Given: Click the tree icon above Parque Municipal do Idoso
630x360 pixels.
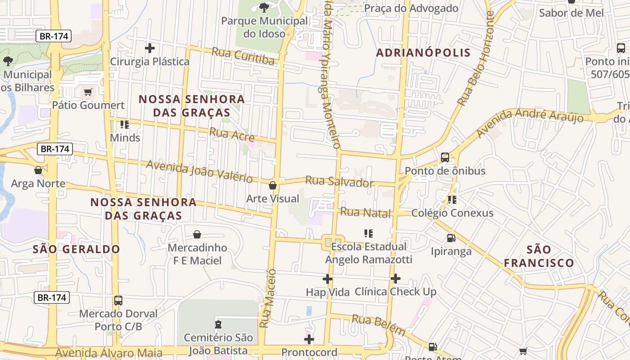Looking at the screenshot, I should coord(264,7).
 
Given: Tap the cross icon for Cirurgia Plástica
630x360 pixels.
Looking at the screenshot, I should coord(150,48).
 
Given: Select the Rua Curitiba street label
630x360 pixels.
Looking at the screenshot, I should coord(243,56).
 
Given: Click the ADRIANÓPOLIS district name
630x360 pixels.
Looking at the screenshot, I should coord(423,53).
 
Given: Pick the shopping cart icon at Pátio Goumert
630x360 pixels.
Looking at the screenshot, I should coord(88,92).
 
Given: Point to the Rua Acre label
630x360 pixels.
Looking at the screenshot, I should coord(232,134).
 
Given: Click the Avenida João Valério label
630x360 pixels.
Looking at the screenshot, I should coord(199,171).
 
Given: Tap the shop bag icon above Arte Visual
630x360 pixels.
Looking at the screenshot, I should coord(273,185).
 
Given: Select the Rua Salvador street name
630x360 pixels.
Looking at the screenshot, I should coord(339,181).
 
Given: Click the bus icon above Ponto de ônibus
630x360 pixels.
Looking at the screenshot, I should coord(445,157).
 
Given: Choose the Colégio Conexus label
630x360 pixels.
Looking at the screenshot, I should coord(452,213).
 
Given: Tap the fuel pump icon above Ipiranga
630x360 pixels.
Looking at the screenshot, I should coord(451,238).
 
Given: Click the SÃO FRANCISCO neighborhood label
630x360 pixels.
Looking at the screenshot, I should coord(539,256).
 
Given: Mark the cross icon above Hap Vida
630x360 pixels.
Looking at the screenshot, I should coord(328,279).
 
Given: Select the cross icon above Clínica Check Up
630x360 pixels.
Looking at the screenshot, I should coord(395,279).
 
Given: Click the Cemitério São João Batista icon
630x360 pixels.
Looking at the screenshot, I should coord(218,324).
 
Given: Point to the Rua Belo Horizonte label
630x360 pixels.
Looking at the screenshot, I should coord(476,58).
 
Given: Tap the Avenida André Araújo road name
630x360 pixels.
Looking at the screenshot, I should coord(530,122).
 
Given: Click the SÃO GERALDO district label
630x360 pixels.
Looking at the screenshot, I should coord(76,249).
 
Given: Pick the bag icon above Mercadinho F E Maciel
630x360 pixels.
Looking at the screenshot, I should coord(197,234).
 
